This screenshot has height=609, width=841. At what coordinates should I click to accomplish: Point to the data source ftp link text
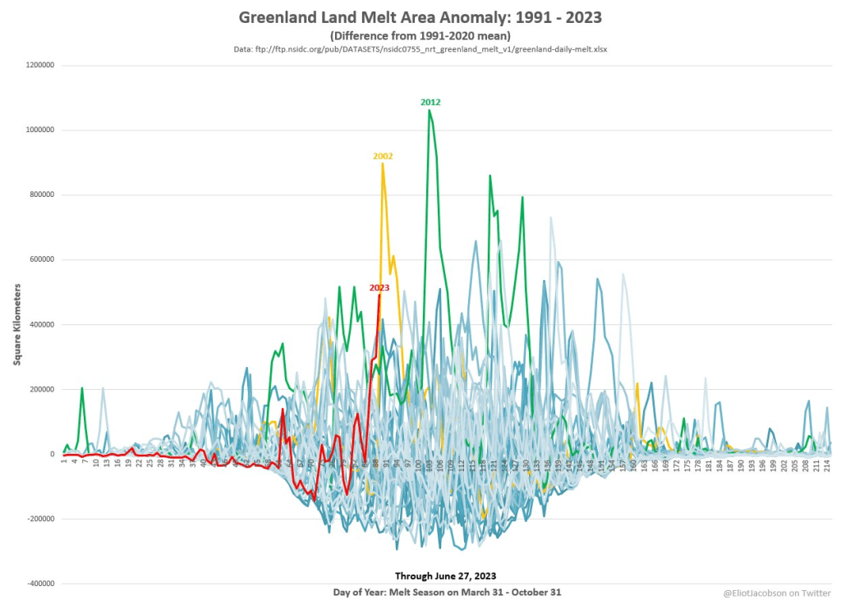coord(420,49)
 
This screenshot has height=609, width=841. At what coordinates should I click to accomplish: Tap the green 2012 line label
coord(430,103)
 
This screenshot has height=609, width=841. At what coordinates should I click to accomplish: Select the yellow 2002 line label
coord(383,155)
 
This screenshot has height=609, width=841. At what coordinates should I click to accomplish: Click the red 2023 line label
coord(379,287)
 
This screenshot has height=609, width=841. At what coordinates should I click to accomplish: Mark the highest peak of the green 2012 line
coord(429,110)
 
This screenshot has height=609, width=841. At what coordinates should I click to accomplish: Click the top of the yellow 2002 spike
coord(383,163)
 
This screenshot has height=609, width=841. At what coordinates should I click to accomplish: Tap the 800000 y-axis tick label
coord(39,195)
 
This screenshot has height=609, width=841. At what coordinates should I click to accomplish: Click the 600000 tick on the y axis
coord(39,259)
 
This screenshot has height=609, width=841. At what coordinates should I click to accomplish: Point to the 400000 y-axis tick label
coord(39,324)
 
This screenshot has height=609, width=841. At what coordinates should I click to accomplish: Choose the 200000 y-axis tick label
coord(39,389)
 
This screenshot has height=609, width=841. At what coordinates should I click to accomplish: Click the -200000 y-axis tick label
coord(38,519)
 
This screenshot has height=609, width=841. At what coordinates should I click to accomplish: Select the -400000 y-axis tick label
coord(38,584)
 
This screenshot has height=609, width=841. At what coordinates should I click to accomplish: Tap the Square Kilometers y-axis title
coord(16,324)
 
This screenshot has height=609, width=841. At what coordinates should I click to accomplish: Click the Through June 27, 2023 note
coord(445,575)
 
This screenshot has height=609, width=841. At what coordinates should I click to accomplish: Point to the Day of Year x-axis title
coord(448,592)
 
